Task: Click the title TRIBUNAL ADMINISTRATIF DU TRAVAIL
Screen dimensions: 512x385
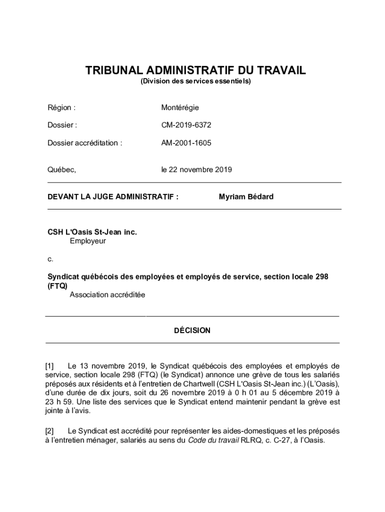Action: click(195, 70)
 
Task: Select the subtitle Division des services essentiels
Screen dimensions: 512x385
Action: click(195, 81)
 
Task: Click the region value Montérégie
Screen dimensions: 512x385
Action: click(180, 107)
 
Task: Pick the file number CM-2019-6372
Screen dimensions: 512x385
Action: click(182, 125)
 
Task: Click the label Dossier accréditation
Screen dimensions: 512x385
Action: click(84, 143)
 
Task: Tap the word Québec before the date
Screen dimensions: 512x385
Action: click(61, 169)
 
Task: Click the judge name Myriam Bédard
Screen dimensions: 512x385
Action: click(246, 196)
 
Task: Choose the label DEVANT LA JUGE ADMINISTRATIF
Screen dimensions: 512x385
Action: click(113, 196)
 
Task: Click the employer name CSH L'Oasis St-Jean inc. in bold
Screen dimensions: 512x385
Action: click(92, 232)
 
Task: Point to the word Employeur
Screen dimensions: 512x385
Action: click(88, 241)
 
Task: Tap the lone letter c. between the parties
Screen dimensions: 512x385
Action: click(50, 259)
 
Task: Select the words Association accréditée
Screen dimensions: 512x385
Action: click(107, 295)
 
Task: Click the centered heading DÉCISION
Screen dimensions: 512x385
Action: click(192, 330)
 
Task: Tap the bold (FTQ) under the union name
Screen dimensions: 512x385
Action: click(57, 286)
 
